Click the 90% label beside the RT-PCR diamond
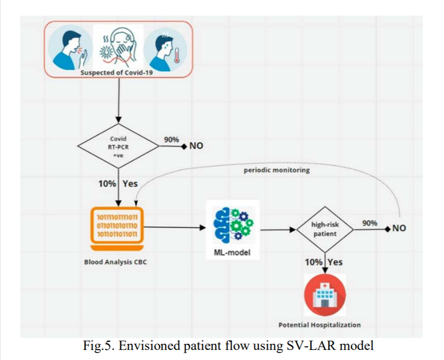tap(171, 140)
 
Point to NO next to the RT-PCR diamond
tap(196, 147)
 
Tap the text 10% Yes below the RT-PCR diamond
tap(118, 184)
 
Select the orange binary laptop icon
tap(118, 229)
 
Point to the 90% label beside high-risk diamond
tap(369, 223)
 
